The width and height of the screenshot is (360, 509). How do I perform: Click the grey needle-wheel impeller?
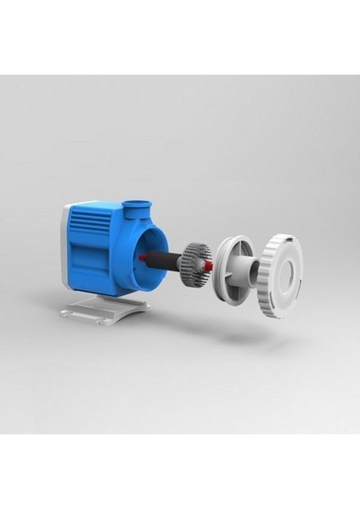pos(197,258)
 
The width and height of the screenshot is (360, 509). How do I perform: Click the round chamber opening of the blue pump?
pos(143,251)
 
